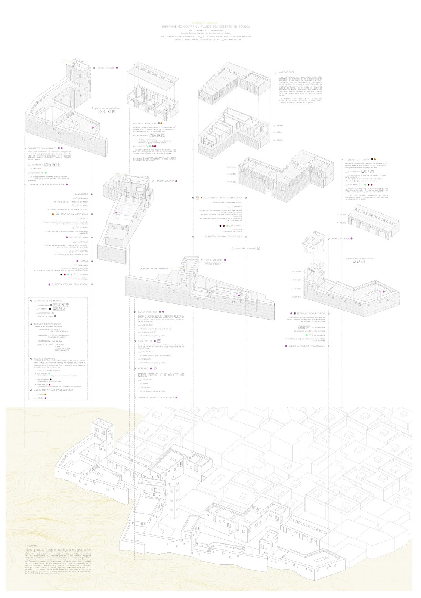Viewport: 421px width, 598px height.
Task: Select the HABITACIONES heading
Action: click(286, 73)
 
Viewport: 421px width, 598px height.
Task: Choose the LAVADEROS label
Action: click(81, 194)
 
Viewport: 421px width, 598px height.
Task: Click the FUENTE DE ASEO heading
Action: click(78, 237)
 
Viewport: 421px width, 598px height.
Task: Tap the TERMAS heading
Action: click(83, 261)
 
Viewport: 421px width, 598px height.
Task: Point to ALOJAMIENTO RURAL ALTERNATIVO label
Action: click(223, 198)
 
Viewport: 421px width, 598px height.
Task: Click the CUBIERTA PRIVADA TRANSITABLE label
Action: click(223, 237)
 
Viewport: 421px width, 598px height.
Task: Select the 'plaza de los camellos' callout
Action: click(155, 268)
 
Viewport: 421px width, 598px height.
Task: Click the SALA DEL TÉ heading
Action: click(146, 341)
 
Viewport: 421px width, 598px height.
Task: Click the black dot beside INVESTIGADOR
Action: click(51, 379)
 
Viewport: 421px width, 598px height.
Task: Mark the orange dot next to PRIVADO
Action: click(46, 394)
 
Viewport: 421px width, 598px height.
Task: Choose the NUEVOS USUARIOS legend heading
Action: click(44, 358)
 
